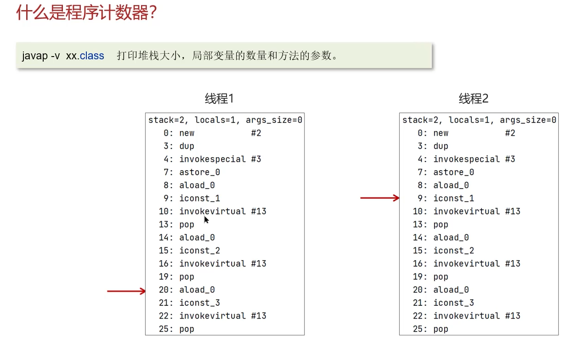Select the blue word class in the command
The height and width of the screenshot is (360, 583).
[x=92, y=56]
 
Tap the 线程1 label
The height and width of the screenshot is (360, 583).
[x=219, y=98]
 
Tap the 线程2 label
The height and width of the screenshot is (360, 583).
[x=474, y=98]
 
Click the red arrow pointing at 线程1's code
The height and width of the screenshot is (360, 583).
[x=126, y=291]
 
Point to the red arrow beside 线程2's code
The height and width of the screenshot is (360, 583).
[x=379, y=198]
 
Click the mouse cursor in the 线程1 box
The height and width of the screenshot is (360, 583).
[x=206, y=220]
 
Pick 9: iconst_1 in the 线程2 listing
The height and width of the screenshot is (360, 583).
[x=445, y=198]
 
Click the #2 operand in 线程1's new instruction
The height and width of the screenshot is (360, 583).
[x=256, y=133]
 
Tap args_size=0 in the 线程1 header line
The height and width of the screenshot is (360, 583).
[x=274, y=120]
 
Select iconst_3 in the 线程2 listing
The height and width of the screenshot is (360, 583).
[x=453, y=303]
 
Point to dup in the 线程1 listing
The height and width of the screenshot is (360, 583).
[x=187, y=146]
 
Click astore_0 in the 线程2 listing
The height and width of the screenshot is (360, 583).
[x=453, y=172]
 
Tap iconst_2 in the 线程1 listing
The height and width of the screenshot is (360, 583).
[x=199, y=251]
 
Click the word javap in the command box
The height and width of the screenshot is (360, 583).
[x=34, y=56]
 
